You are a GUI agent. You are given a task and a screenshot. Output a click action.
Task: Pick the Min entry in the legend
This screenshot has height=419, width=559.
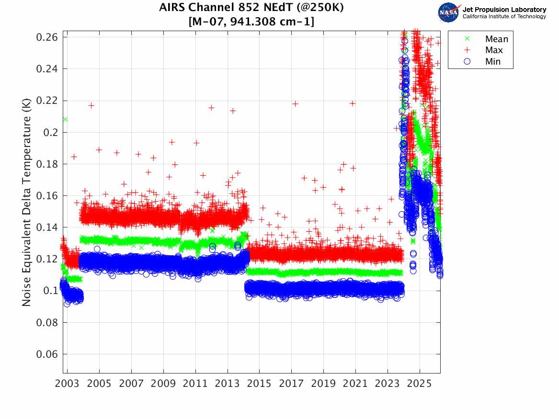492,61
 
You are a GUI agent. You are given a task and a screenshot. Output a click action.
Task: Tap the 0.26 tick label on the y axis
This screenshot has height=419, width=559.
46,37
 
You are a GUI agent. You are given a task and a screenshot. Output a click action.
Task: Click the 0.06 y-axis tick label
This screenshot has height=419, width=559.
46,354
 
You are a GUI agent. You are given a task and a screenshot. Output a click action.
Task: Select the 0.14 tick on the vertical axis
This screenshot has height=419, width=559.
46,227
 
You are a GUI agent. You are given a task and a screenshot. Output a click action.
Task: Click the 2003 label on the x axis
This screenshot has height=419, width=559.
68,384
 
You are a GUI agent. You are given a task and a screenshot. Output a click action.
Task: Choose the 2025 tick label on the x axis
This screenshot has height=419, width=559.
420,384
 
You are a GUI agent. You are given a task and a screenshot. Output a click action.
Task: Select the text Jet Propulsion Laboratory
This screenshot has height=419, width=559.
504,10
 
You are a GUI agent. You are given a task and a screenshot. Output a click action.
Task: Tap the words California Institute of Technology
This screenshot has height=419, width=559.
504,17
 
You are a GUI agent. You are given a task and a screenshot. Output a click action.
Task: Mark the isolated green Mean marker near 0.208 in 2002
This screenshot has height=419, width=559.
65,119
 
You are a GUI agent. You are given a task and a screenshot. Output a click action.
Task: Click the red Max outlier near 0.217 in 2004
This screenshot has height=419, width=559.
91,105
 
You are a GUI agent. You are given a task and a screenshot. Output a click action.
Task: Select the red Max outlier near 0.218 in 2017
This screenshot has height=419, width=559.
296,103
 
